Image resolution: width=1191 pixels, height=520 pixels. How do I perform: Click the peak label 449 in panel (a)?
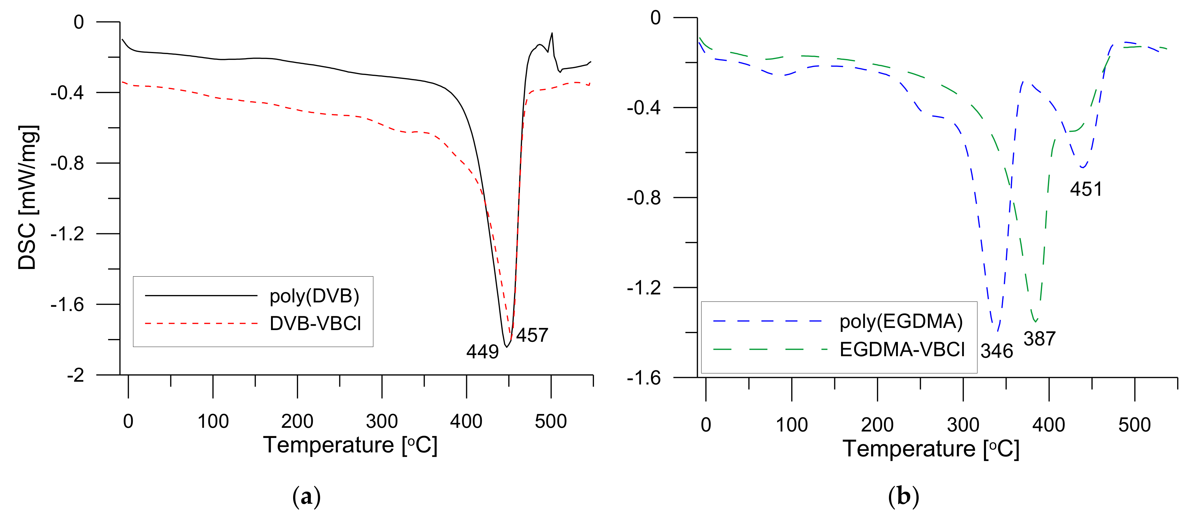(x=482, y=352)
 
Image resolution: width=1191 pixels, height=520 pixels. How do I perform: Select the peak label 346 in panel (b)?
(x=997, y=351)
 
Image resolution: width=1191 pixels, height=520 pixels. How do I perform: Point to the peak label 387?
(x=1039, y=339)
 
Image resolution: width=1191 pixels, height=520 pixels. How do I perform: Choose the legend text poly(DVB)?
(x=314, y=296)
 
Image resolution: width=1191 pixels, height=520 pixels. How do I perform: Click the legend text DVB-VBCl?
(x=315, y=324)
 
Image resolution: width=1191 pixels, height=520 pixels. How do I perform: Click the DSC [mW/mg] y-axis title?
(x=28, y=197)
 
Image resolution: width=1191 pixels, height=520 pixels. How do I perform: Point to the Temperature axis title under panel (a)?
(x=350, y=445)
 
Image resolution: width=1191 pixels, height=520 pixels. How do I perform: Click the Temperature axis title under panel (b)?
(x=931, y=449)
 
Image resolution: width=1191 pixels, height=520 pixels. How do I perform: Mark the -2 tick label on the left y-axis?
(x=75, y=375)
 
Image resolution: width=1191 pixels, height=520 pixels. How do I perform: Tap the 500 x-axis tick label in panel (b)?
(x=1134, y=425)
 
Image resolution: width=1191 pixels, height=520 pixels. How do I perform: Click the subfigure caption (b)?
(x=903, y=497)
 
